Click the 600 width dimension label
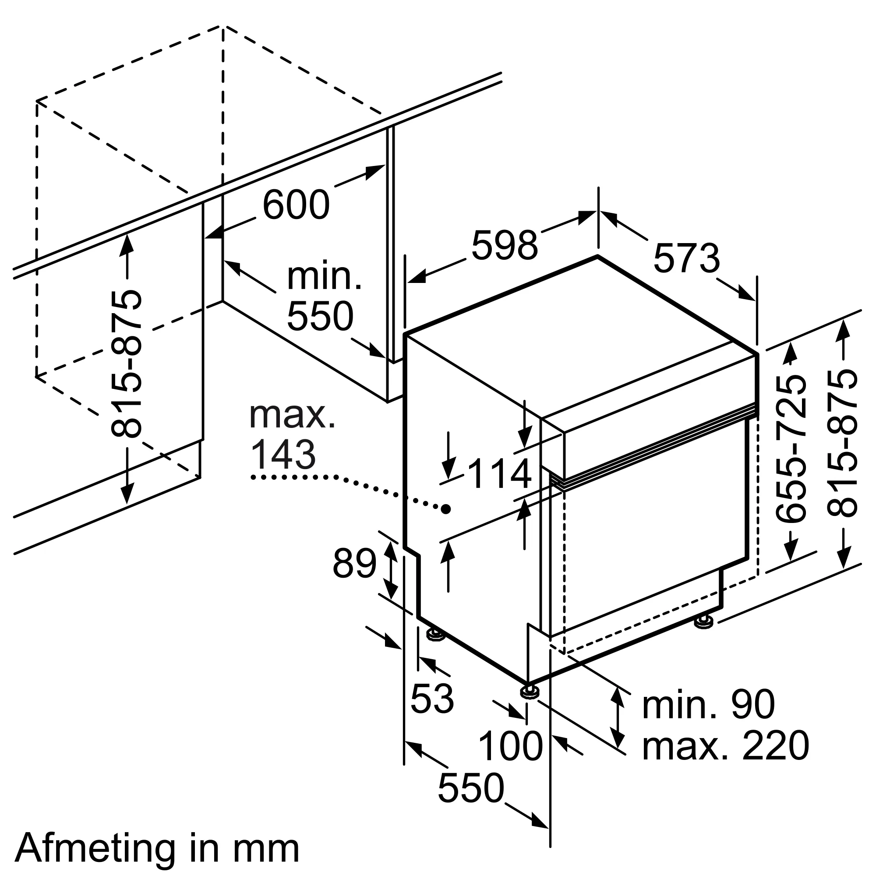pos(296,205)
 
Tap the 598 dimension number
pos(504,245)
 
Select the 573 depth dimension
pos(686,258)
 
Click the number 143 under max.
pos(283,455)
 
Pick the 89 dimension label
pos(354,564)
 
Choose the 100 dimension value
pos(510,746)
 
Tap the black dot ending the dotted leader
pos(447,509)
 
